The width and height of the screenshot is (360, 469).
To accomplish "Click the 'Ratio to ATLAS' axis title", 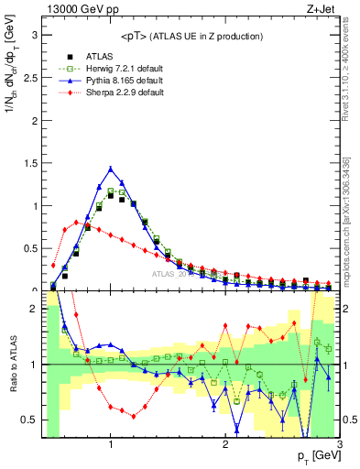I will point(11,365).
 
